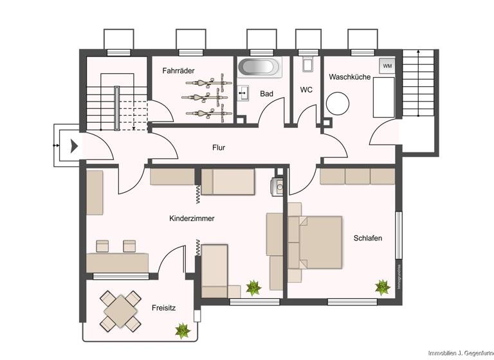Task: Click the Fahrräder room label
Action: point(178,71)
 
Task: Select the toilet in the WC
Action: point(306,64)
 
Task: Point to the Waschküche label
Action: point(349,76)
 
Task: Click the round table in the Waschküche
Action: point(337,104)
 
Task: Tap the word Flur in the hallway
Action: point(219,147)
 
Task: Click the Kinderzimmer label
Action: point(192,219)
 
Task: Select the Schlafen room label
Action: point(367,238)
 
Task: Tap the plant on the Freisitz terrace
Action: point(183,330)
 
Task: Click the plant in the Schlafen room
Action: point(383,287)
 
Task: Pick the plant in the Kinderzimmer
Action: point(253,287)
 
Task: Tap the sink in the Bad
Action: point(243,94)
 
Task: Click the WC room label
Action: point(306,90)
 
